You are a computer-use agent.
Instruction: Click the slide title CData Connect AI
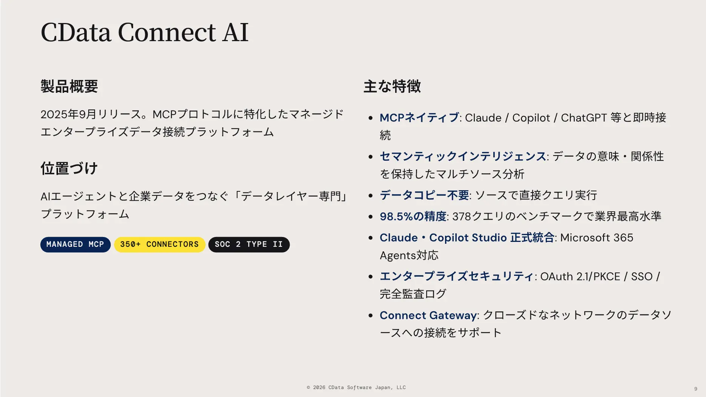pos(144,32)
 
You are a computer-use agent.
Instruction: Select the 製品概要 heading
pos(69,86)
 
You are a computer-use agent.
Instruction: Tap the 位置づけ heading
pos(69,168)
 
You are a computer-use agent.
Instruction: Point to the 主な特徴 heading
pos(392,86)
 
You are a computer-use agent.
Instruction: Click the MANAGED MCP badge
pos(75,245)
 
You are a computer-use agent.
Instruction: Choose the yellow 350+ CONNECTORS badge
pos(159,245)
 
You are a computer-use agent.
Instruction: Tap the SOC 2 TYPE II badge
pos(249,245)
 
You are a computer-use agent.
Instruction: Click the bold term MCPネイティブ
pos(419,118)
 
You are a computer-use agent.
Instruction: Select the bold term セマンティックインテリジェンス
pos(463,156)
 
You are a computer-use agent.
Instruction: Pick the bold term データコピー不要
pos(424,195)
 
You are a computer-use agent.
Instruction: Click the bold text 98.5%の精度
pos(413,216)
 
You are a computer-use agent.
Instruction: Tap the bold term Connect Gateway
pos(428,315)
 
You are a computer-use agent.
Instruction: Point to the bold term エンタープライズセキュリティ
pos(456,276)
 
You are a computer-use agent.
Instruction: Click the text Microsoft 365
pos(597,238)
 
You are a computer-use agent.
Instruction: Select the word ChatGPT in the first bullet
pos(584,118)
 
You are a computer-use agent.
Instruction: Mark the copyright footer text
pos(356,388)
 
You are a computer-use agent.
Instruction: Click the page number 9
pos(695,389)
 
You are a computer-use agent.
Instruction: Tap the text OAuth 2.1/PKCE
pos(580,277)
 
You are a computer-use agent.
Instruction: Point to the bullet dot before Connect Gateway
pos(371,315)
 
